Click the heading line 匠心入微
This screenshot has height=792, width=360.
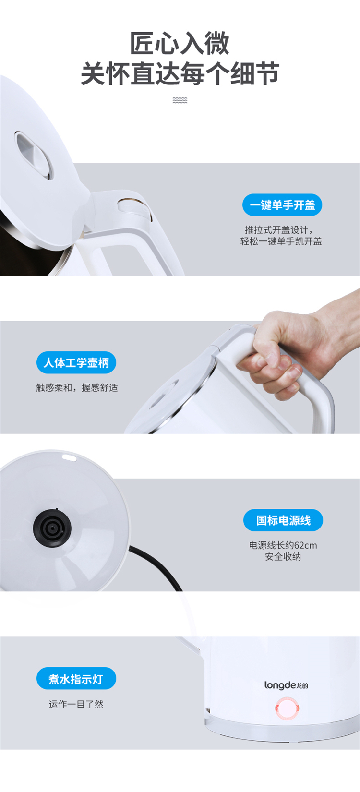click(x=180, y=44)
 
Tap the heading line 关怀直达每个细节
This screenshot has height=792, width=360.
click(x=180, y=74)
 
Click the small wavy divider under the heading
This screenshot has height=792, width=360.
click(x=180, y=100)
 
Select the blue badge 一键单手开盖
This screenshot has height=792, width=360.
click(x=282, y=204)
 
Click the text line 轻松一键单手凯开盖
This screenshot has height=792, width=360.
click(x=281, y=241)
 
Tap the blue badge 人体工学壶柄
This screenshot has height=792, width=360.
click(x=76, y=362)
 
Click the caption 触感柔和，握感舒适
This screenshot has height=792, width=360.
click(x=77, y=388)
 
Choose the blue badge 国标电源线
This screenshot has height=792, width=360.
click(x=283, y=520)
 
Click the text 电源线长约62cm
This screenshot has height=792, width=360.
click(x=283, y=545)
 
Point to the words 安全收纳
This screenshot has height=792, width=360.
click(x=283, y=557)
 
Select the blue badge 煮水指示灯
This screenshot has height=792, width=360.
click(x=76, y=678)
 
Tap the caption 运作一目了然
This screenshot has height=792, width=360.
click(x=76, y=704)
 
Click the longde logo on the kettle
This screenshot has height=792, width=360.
click(x=287, y=685)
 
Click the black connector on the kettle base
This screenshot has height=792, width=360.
click(x=52, y=528)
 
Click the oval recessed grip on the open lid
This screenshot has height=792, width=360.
click(x=34, y=156)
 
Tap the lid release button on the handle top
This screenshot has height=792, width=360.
click(x=135, y=208)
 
